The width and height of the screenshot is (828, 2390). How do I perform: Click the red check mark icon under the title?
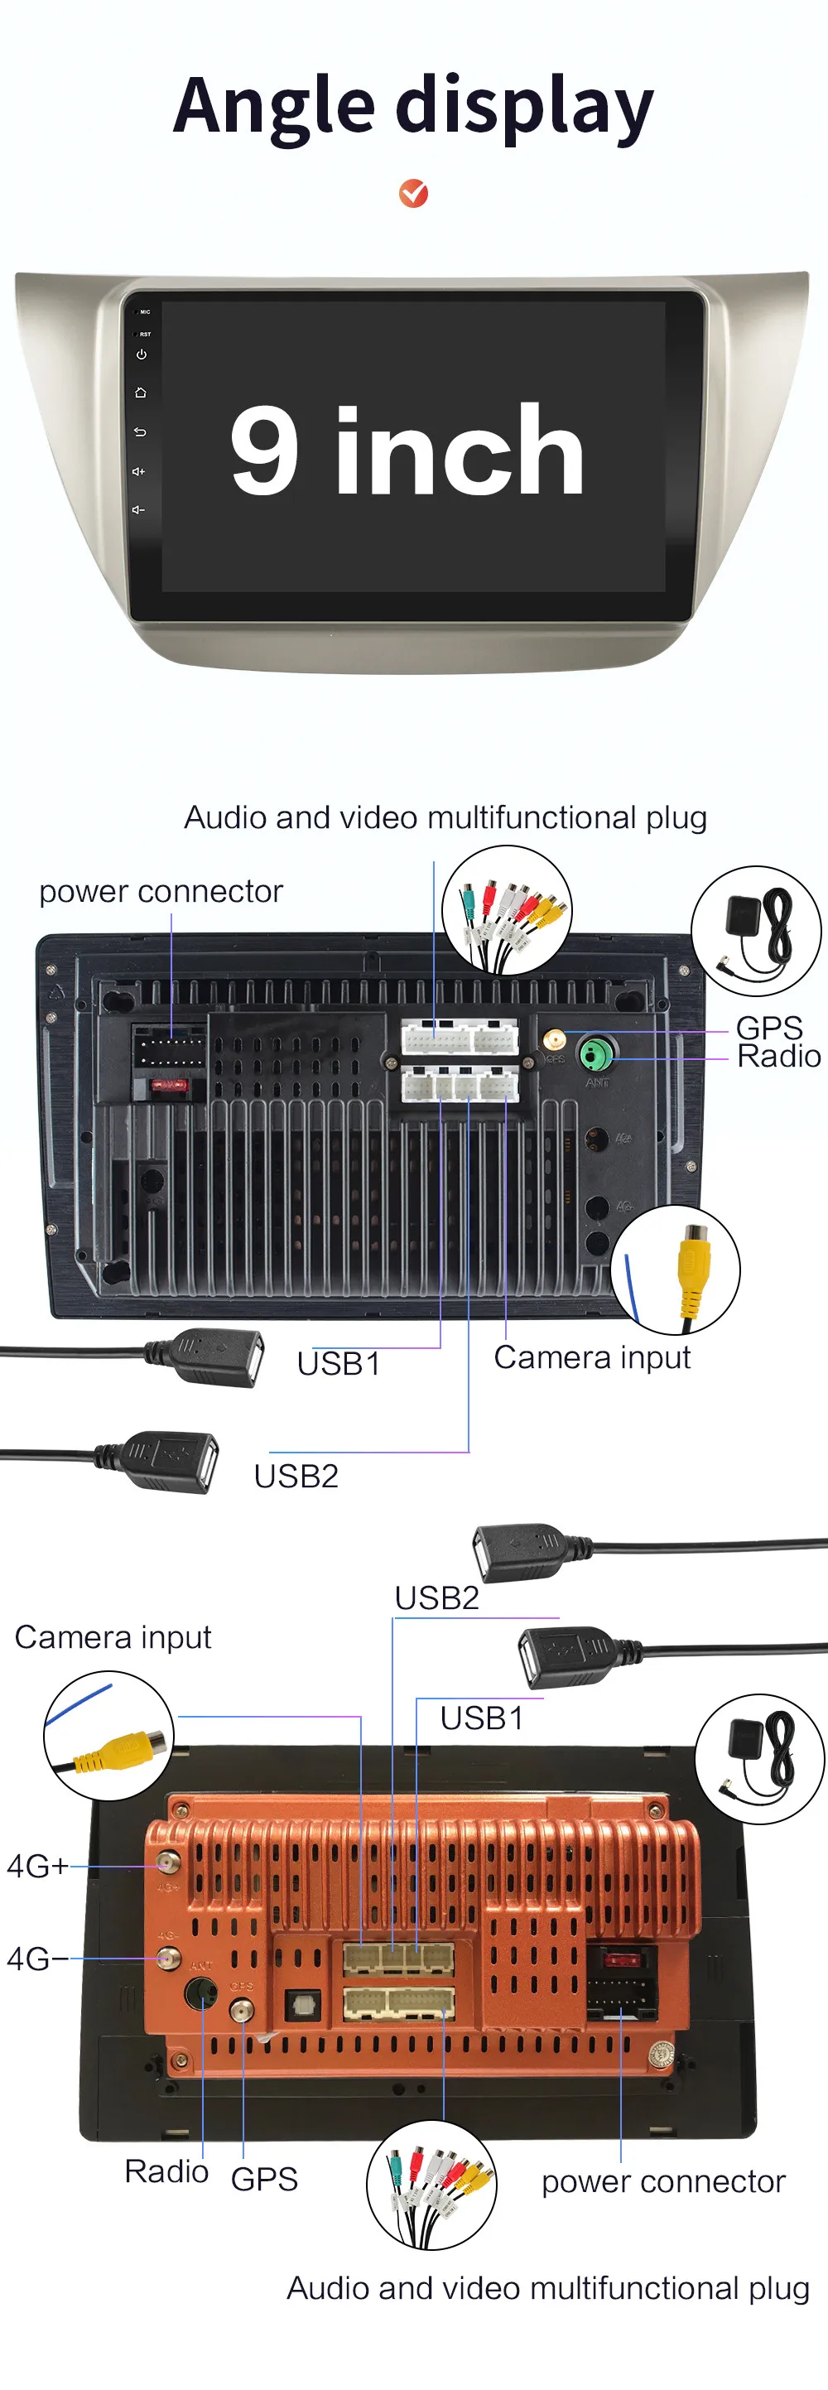(413, 193)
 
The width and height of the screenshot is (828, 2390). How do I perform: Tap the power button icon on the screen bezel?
(141, 354)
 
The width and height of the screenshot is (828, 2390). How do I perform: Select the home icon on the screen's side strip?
(141, 393)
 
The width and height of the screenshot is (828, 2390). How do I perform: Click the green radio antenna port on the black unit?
(595, 1054)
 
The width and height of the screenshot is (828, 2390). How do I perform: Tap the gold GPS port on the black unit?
(555, 1038)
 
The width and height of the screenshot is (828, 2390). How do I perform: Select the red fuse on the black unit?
(170, 1085)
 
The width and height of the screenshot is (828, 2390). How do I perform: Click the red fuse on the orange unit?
(620, 1960)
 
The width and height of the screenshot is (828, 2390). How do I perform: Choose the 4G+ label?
(37, 1866)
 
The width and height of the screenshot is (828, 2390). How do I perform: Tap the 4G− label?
(37, 1959)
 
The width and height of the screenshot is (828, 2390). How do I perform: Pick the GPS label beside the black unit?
(768, 1028)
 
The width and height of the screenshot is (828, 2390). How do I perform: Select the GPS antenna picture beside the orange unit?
(759, 1759)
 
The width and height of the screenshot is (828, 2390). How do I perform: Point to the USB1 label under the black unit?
(339, 1364)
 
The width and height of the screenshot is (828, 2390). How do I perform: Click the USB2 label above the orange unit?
(436, 1598)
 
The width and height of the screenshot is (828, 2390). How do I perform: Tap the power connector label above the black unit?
(161, 892)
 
